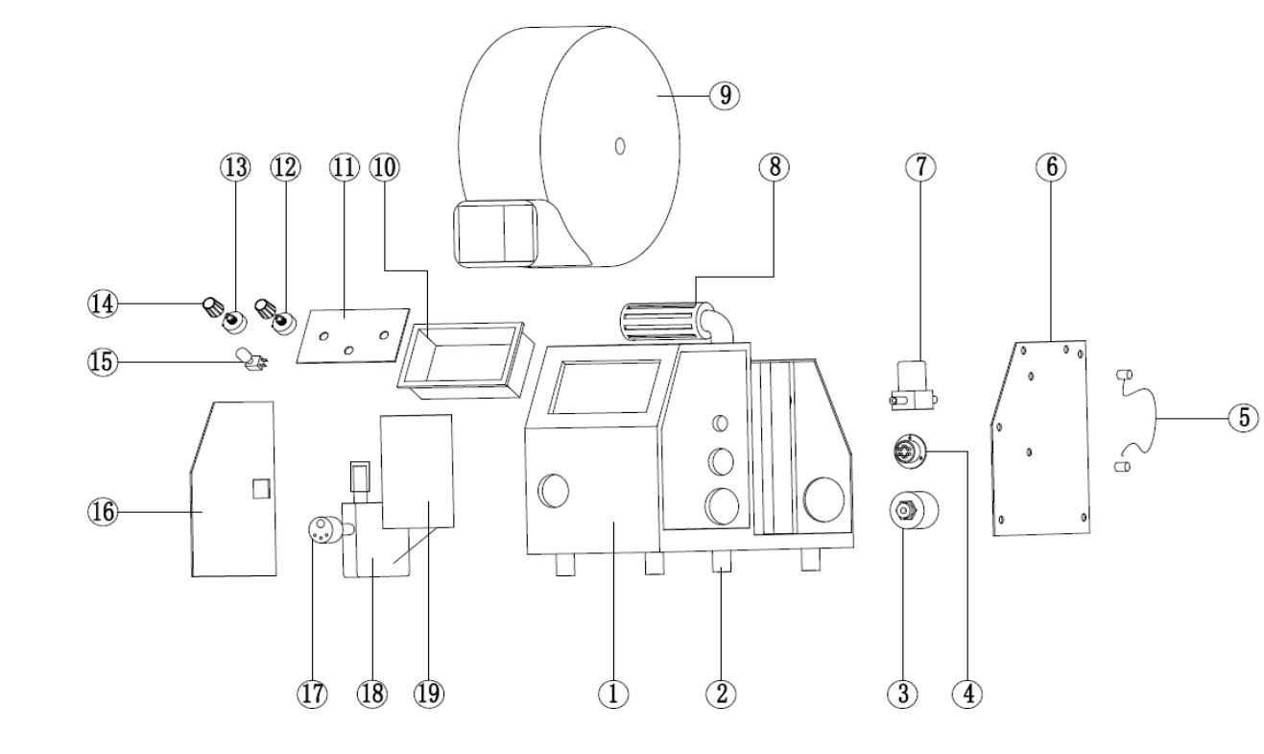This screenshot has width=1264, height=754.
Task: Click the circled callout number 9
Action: [x=725, y=94]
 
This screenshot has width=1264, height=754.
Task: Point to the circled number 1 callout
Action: [x=613, y=693]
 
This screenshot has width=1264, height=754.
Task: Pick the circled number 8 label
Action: [x=774, y=166]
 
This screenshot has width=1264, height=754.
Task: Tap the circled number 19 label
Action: [x=428, y=693]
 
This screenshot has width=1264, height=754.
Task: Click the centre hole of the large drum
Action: [x=620, y=145]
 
